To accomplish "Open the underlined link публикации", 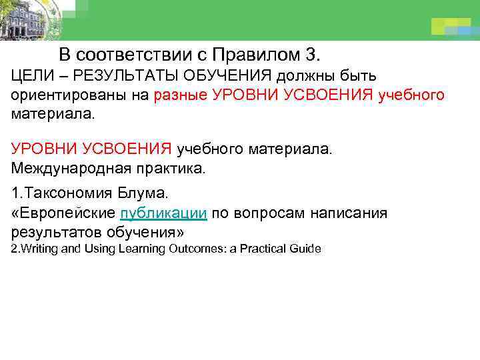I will (163, 213).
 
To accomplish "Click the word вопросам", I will (263, 213).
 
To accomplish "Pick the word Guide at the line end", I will (306, 249).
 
